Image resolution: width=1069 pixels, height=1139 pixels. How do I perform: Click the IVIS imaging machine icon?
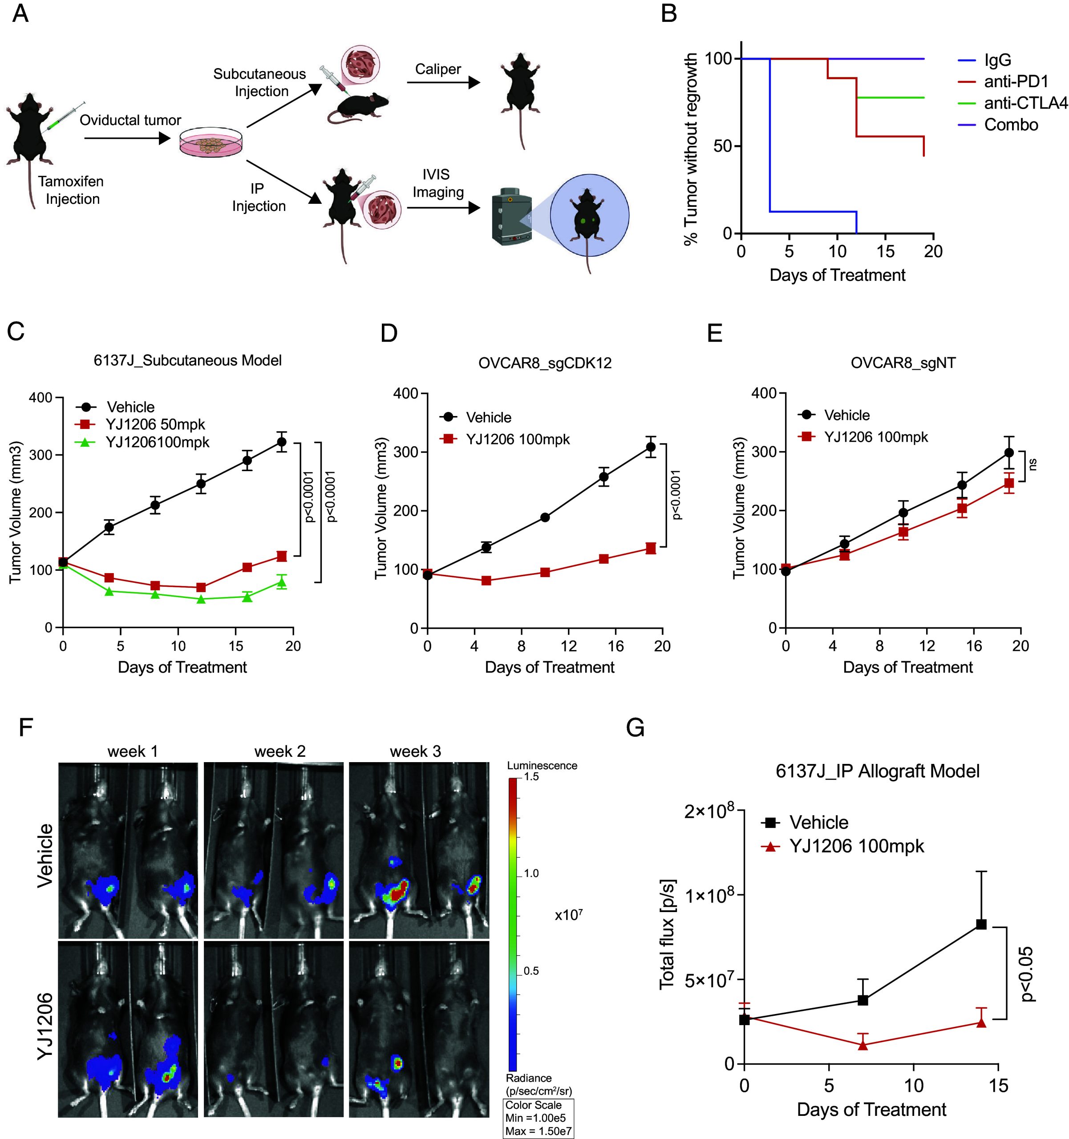pyautogui.click(x=512, y=217)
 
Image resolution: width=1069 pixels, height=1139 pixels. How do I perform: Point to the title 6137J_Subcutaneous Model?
pyautogui.click(x=187, y=360)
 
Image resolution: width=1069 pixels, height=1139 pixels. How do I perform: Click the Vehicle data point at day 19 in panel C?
pyautogui.click(x=281, y=442)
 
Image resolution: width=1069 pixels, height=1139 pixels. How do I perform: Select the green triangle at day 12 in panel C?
pyautogui.click(x=201, y=599)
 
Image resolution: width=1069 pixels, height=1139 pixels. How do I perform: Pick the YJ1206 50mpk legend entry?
pyautogui.click(x=155, y=424)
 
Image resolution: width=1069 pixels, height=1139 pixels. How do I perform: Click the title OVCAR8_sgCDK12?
pyautogui.click(x=545, y=363)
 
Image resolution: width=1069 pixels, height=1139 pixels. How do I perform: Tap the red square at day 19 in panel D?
pyautogui.click(x=651, y=548)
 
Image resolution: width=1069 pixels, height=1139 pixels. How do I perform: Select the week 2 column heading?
pyautogui.click(x=280, y=751)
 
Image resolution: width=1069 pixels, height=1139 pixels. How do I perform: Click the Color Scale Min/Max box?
pyautogui.click(x=538, y=1118)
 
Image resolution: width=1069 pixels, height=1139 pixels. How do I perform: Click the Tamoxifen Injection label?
pyautogui.click(x=72, y=190)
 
